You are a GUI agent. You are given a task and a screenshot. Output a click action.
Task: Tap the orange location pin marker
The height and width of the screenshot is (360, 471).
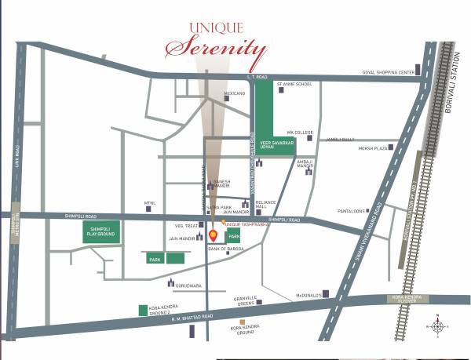[x=214, y=233]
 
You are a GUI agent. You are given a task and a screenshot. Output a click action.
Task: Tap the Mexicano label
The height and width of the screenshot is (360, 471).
[x=235, y=93]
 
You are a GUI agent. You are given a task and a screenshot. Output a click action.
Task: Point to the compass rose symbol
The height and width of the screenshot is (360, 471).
[x=437, y=325]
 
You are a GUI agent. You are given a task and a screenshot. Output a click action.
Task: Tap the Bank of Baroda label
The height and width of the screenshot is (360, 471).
[x=227, y=249]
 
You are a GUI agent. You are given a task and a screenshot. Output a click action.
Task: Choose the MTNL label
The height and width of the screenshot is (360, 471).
[x=151, y=203]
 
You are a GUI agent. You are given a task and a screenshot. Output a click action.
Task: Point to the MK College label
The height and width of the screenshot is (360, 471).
[x=300, y=133]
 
